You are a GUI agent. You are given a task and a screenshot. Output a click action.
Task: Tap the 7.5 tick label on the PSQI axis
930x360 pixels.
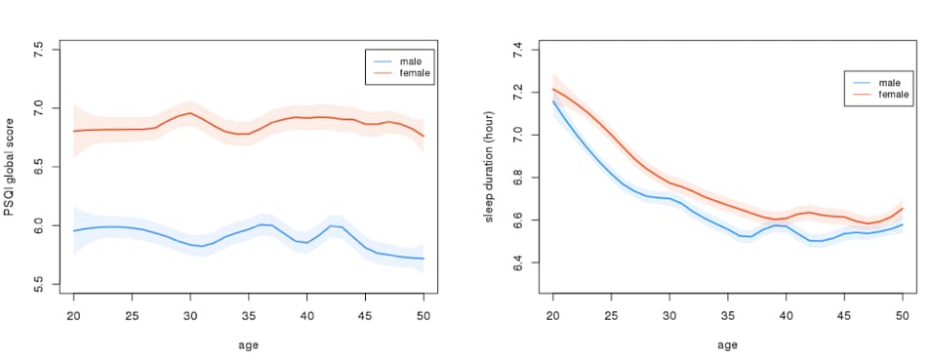click(39, 49)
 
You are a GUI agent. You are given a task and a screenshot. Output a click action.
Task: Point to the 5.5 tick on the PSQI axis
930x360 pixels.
click(39, 284)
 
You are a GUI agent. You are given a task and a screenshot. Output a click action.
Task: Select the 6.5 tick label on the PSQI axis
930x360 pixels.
click(39, 167)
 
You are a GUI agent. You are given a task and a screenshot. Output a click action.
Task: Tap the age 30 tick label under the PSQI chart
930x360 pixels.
click(189, 316)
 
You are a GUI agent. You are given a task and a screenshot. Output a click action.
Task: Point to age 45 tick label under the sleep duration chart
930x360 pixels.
click(844, 317)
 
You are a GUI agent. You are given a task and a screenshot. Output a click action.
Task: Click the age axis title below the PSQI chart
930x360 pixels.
click(248, 344)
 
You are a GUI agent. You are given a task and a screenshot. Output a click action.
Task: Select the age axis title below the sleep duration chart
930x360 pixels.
click(727, 344)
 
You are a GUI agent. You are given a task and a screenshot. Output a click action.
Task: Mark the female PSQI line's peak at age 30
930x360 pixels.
click(189, 113)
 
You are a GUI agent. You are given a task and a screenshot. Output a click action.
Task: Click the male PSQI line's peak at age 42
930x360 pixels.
click(330, 225)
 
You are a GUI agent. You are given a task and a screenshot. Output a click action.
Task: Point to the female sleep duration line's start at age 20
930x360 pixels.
click(552, 89)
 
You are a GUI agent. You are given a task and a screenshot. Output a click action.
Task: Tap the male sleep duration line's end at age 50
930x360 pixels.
click(903, 224)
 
